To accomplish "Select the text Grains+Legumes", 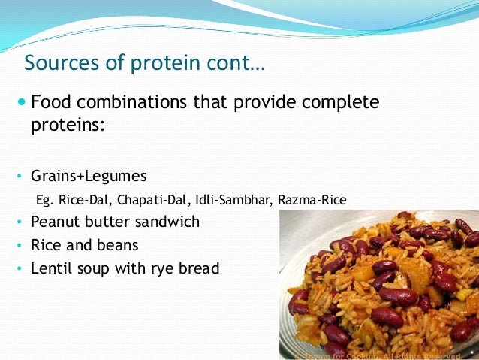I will click(x=89, y=176).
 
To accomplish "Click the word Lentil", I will click(x=51, y=268).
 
